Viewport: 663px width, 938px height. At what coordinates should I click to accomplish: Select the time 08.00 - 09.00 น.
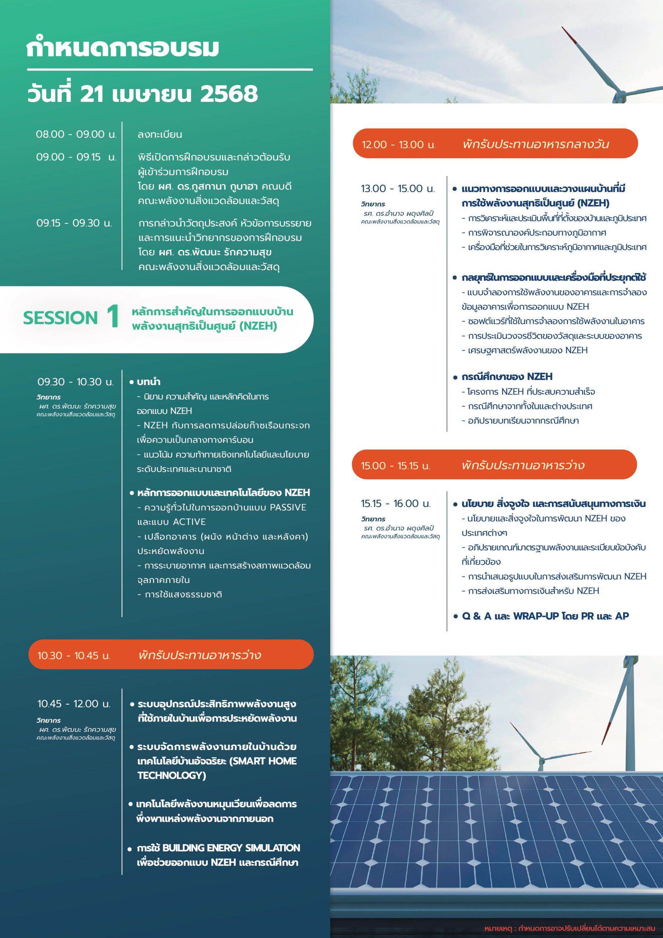click(x=76, y=134)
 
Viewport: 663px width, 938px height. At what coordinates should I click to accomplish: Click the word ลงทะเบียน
click(x=160, y=134)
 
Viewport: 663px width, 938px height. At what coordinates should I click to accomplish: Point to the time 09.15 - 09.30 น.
click(x=74, y=223)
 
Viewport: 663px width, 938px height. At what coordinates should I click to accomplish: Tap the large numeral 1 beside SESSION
click(x=113, y=317)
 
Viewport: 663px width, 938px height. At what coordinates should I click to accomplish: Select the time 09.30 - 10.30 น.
click(x=75, y=382)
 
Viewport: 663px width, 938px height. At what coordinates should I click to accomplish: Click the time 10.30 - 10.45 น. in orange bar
click(x=74, y=656)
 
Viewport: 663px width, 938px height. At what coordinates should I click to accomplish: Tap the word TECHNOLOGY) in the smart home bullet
click(x=171, y=775)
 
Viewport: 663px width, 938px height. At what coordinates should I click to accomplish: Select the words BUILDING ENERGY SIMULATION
click(x=231, y=848)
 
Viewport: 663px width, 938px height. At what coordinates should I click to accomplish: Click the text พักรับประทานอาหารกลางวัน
click(x=536, y=144)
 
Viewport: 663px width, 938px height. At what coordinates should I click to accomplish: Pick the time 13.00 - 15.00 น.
click(x=397, y=189)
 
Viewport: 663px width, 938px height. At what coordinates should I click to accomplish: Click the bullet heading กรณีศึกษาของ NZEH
click(x=507, y=377)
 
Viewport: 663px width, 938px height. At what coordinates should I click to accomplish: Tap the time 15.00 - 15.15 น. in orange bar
click(x=396, y=466)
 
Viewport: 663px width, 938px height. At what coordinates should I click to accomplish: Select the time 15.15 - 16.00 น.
click(x=396, y=504)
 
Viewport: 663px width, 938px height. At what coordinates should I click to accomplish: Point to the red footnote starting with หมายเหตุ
click(x=570, y=928)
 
